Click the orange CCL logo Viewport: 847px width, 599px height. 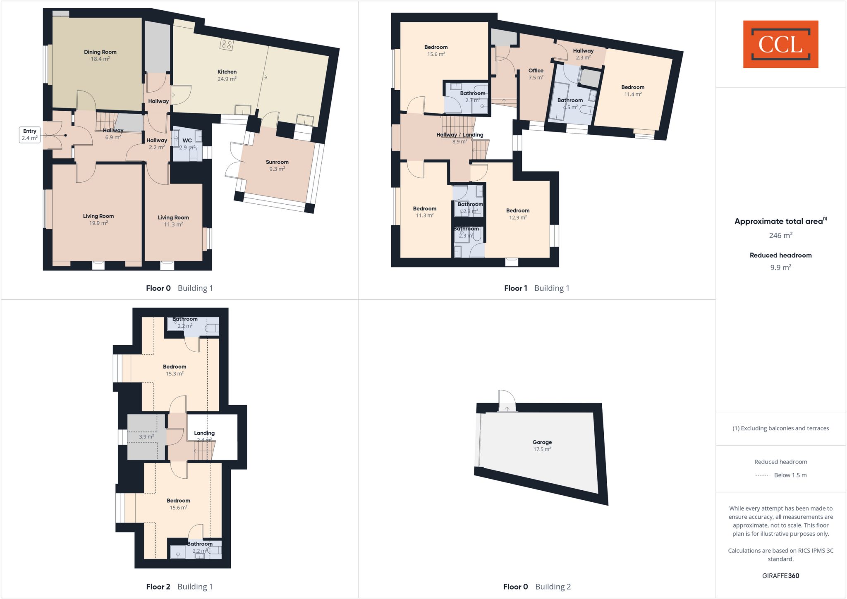pos(780,44)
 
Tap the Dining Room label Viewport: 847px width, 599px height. pos(100,52)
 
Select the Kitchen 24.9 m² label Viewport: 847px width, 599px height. pos(227,75)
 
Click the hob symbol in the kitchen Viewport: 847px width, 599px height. pos(227,45)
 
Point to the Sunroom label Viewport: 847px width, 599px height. pos(277,162)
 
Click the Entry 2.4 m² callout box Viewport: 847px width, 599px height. pos(30,135)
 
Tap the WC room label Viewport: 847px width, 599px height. pos(187,141)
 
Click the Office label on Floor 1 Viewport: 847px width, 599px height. pos(536,71)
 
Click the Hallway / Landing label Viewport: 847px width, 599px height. pos(460,135)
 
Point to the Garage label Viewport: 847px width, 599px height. pos(542,442)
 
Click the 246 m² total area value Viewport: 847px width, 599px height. pos(780,235)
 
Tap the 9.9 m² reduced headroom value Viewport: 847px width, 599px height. pos(780,267)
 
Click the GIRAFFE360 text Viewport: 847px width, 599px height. pos(780,575)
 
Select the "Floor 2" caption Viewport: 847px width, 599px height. pos(158,587)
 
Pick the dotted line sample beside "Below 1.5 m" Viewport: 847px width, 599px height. pos(762,475)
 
